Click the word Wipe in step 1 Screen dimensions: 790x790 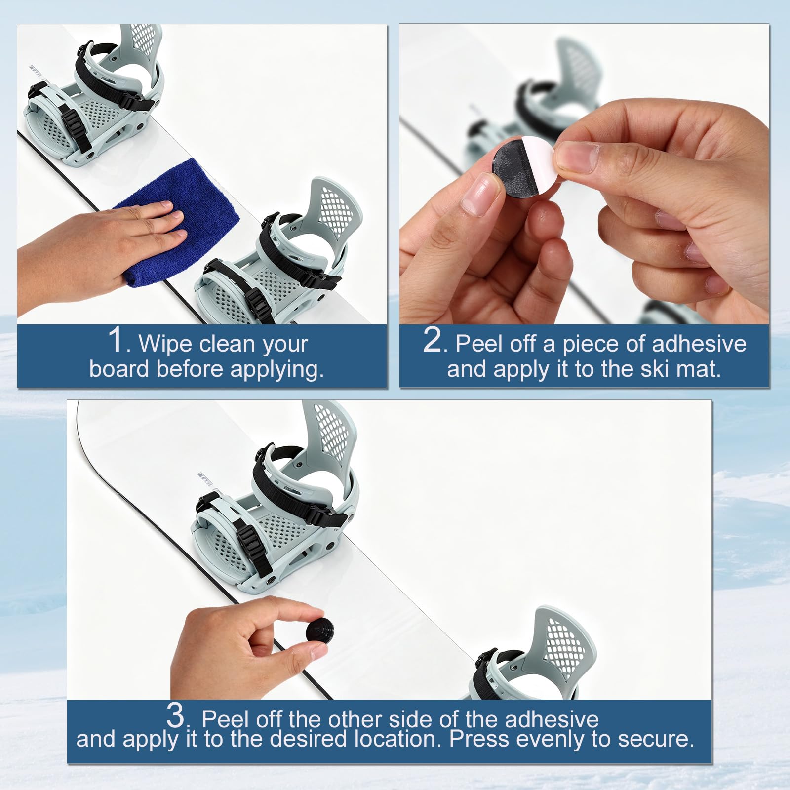[163, 343]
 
